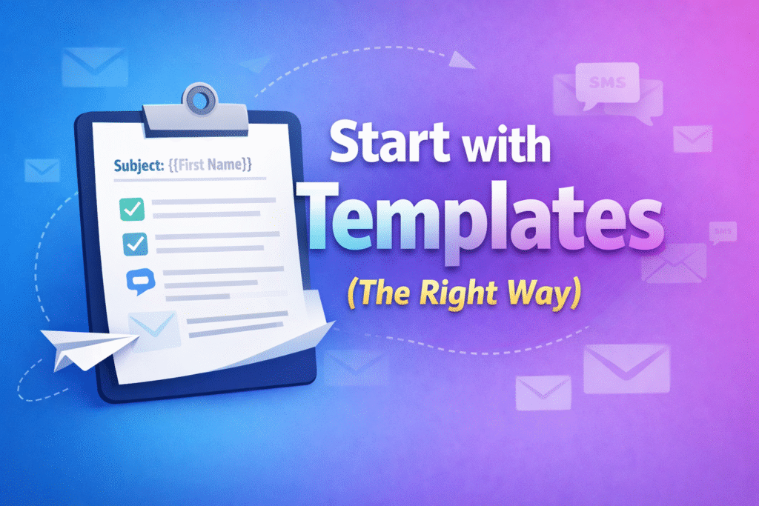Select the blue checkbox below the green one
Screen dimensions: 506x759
[x=136, y=242]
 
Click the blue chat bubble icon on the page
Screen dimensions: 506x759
[x=139, y=280]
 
